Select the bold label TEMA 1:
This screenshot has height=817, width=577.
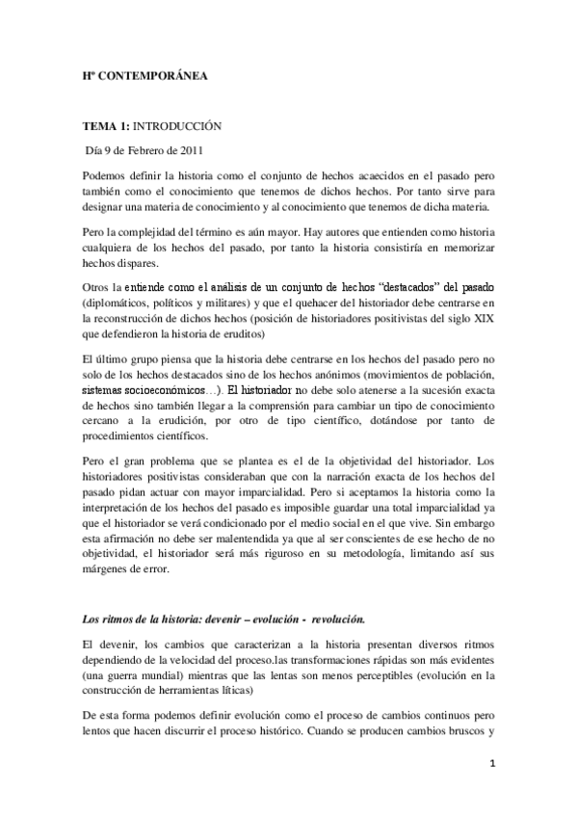(x=105, y=126)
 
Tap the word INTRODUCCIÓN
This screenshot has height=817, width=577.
(x=176, y=126)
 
